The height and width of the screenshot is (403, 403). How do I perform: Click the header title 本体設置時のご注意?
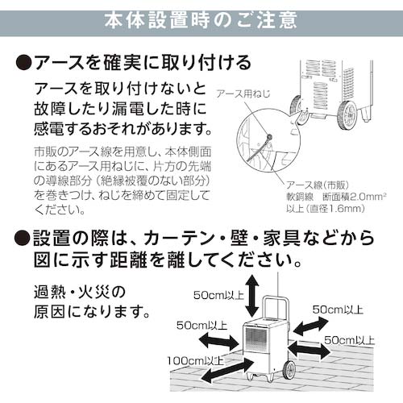point(201,20)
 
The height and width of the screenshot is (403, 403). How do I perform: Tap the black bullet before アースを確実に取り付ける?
point(24,63)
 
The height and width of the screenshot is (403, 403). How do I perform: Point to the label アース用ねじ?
point(243,93)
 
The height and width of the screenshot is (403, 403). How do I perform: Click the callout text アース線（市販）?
point(318,185)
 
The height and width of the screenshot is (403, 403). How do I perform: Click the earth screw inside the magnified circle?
point(268,138)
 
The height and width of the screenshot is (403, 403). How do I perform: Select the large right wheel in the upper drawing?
point(347,115)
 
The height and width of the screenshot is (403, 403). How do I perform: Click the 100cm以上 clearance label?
point(195,361)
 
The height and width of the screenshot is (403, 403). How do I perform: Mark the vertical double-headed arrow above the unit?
point(251,296)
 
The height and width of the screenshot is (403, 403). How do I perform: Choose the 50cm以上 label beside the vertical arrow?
point(218,295)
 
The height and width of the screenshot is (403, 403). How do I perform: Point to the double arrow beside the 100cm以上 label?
point(227,371)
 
